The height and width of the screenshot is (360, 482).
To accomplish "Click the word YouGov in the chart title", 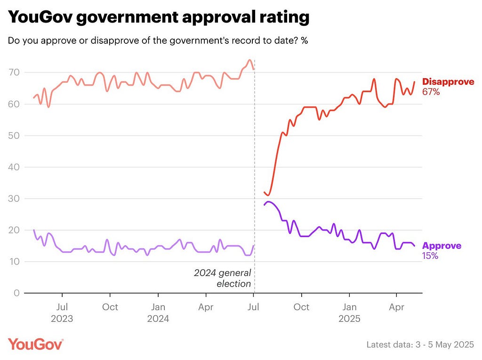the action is [40, 17].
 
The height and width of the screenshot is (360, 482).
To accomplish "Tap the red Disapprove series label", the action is [448, 82].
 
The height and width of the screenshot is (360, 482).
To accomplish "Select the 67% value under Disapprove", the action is [431, 92].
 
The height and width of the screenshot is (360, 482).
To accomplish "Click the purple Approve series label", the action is [442, 246].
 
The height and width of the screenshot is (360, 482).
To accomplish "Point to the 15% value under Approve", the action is [430, 256].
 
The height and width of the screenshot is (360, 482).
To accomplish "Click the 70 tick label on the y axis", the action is [14, 72].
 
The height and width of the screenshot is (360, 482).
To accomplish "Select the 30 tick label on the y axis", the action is [14, 199].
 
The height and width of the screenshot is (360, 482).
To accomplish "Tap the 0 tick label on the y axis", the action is [16, 293].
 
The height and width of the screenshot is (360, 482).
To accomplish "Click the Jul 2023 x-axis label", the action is [62, 312].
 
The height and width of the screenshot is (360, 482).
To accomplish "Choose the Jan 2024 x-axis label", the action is [158, 312].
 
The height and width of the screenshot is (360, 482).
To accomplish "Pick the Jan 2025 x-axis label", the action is [350, 312].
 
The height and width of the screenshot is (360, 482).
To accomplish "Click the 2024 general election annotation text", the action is [223, 278].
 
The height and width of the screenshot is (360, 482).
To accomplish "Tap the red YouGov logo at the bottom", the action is [36, 344].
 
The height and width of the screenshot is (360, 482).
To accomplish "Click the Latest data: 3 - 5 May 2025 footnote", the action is [420, 344].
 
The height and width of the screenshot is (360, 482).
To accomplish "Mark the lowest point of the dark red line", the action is [268, 195].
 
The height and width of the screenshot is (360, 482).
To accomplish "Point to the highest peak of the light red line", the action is [249, 60].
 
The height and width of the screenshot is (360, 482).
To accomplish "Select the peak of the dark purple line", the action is [269, 202].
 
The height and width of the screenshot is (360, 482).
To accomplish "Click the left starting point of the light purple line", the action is [34, 230].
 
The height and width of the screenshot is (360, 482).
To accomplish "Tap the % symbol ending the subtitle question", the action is [305, 40].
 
